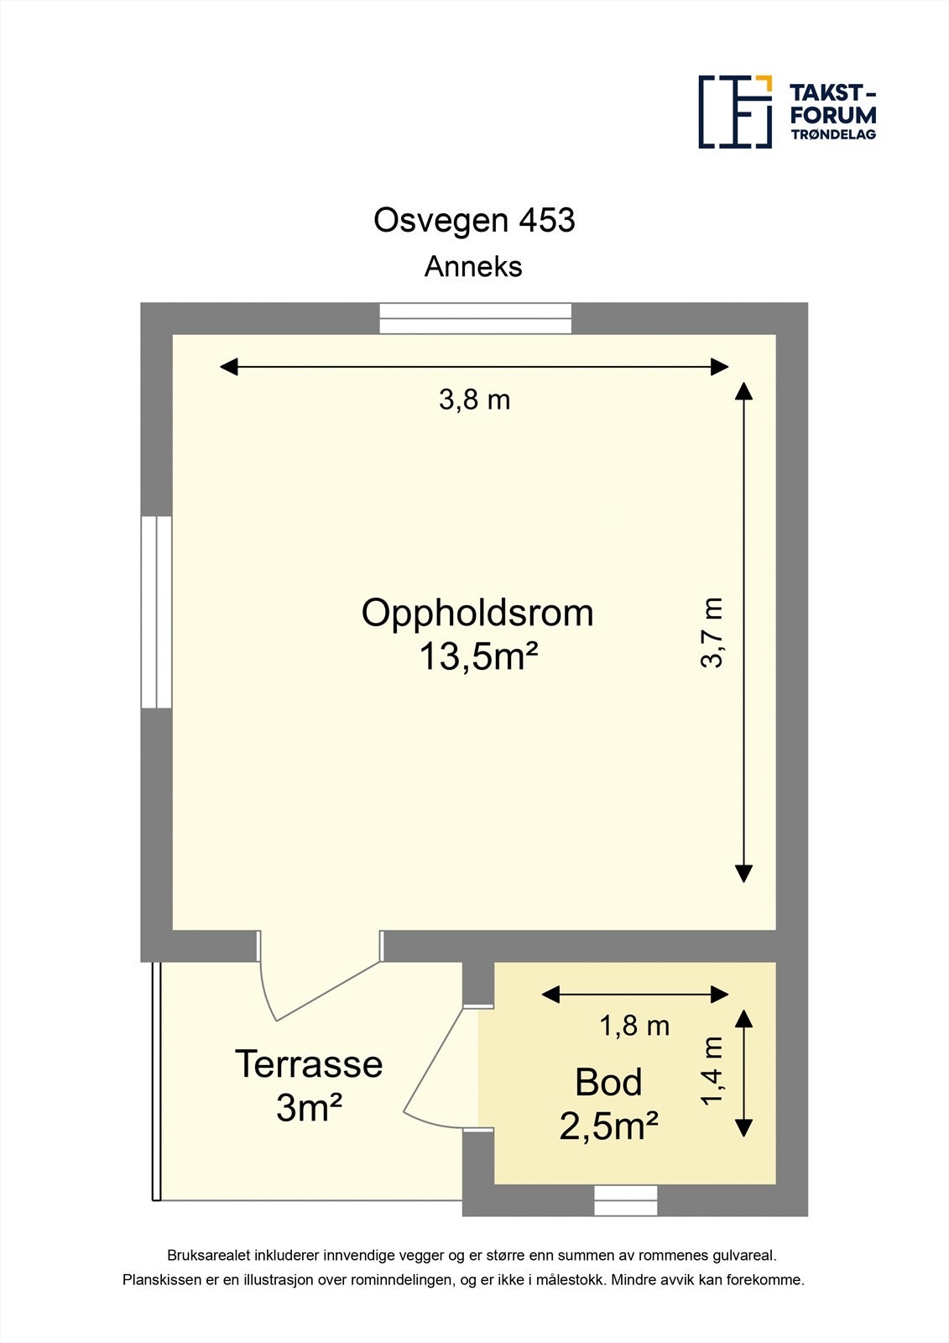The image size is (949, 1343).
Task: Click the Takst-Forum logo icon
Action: click(735, 112)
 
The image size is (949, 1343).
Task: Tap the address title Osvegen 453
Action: click(474, 220)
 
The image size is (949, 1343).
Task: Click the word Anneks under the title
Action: click(473, 267)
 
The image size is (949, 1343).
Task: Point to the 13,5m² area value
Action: click(477, 656)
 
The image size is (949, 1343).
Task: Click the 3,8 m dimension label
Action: click(474, 400)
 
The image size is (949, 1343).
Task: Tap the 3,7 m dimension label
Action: click(712, 633)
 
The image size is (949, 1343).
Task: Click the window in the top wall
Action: click(476, 318)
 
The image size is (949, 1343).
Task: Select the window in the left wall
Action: click(156, 612)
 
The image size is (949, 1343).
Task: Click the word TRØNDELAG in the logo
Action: click(833, 134)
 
